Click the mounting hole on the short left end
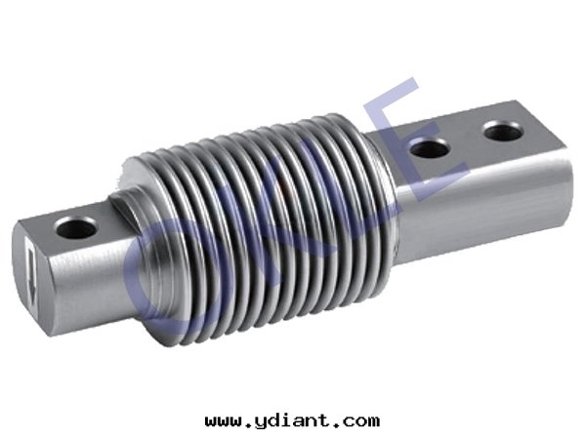coord(76,227)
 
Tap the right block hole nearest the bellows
coord(430,148)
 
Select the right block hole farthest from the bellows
coord(503,131)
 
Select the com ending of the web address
coord(360,422)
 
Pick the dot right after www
coord(248,425)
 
